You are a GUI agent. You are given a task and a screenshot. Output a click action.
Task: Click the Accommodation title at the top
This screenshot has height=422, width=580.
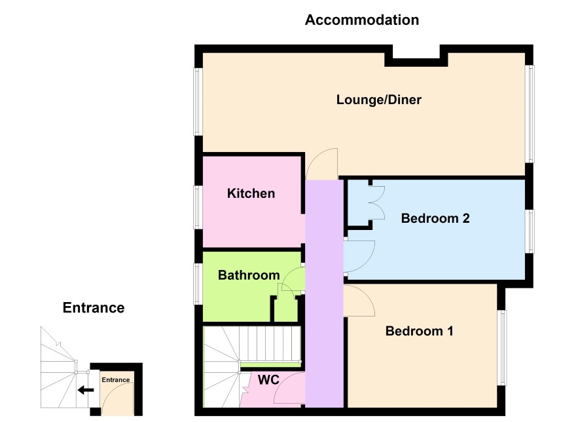[362, 20]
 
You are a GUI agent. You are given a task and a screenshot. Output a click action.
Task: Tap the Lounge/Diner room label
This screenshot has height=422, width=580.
[379, 100]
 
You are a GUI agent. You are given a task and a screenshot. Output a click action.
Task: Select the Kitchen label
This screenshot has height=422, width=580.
[251, 193]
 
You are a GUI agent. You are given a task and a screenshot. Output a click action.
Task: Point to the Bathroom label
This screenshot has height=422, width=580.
[249, 275]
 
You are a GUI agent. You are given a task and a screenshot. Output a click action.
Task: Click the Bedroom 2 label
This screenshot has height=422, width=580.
[435, 218]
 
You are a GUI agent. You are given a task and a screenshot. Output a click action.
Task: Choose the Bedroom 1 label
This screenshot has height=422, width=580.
[420, 331]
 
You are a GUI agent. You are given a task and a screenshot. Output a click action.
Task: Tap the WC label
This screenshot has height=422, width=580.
[268, 380]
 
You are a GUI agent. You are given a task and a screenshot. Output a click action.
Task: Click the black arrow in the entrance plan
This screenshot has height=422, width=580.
[86, 390]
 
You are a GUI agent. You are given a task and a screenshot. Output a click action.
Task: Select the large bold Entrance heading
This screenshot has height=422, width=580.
[94, 307]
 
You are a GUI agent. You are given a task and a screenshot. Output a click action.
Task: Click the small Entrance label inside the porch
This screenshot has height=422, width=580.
[116, 380]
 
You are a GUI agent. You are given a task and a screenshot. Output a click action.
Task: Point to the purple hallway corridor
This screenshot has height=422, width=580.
[325, 294]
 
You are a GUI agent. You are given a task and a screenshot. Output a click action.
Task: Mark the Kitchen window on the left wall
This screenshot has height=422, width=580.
[198, 207]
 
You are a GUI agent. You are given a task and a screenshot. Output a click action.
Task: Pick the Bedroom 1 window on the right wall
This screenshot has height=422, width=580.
[502, 347]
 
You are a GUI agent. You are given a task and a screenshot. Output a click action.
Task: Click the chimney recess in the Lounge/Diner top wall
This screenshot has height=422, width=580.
[416, 56]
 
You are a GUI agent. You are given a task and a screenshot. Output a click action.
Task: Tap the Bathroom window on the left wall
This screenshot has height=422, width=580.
[198, 284]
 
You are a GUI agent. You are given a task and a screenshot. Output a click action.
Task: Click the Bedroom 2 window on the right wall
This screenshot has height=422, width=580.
[530, 232]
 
